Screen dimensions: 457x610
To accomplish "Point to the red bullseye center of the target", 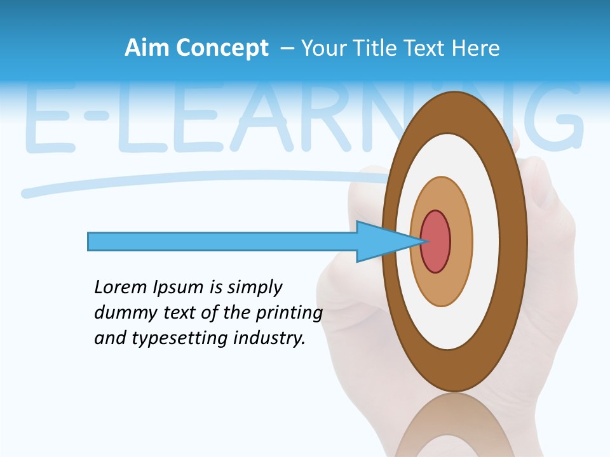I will pyautogui.click(x=436, y=241).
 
